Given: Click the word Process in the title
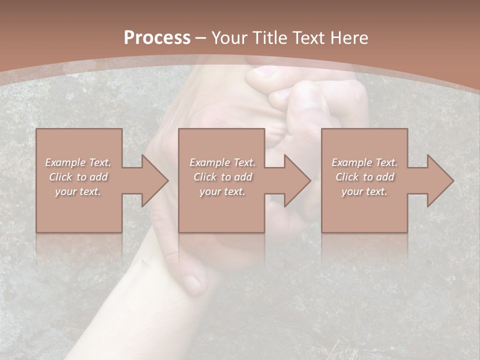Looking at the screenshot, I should click(157, 37).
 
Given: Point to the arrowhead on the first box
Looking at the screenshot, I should click(155, 180).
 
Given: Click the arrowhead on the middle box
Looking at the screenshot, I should click(297, 180).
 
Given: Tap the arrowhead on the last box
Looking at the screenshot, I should click(440, 180).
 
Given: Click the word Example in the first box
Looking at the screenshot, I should click(65, 162).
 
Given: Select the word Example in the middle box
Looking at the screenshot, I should click(209, 162).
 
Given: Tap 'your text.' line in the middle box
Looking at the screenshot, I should click(222, 191).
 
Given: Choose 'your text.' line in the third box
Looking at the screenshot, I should click(364, 191).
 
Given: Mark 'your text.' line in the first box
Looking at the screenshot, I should click(78, 191).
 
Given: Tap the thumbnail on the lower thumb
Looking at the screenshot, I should click(191, 283).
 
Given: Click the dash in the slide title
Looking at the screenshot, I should click(201, 38).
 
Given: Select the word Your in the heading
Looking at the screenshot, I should click(229, 37).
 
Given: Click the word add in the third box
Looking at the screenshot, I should click(385, 177).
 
